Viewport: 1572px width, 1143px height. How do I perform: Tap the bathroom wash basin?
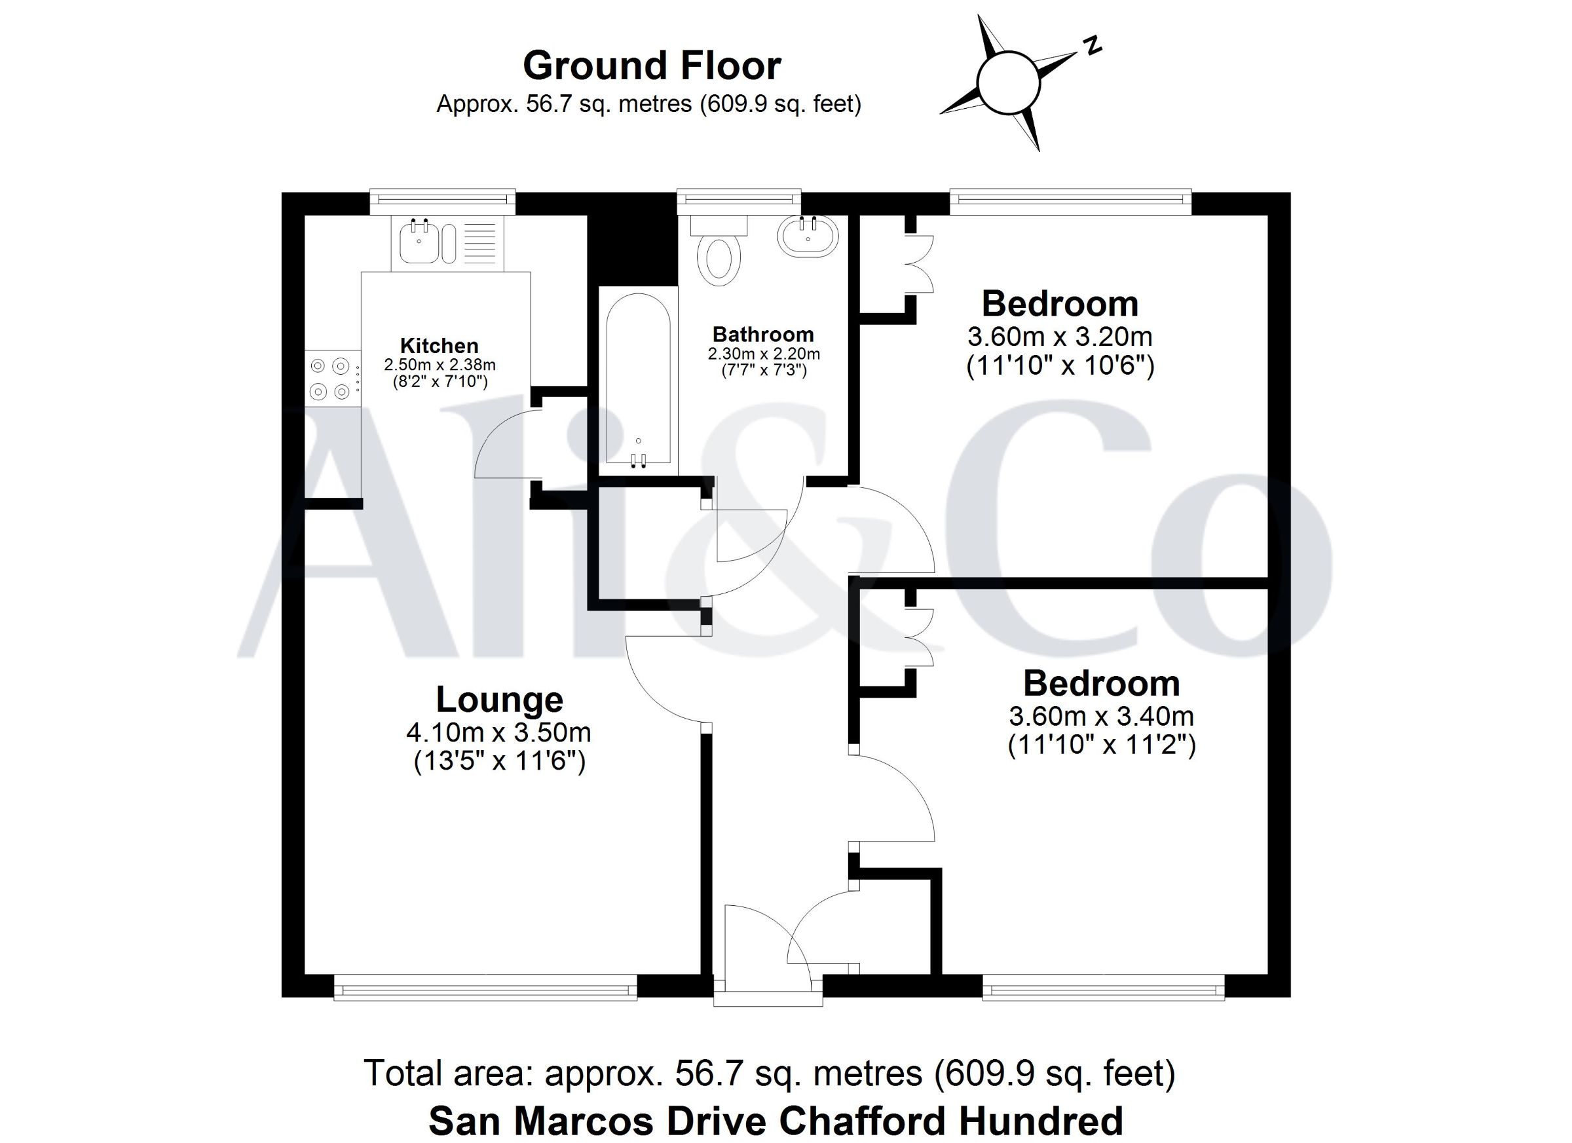pyautogui.click(x=808, y=237)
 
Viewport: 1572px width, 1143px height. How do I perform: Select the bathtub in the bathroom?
pyautogui.click(x=639, y=379)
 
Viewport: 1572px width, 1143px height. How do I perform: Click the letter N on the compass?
pyautogui.click(x=1093, y=45)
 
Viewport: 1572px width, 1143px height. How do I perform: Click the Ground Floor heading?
pyautogui.click(x=652, y=66)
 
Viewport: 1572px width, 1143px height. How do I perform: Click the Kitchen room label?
pyautogui.click(x=440, y=345)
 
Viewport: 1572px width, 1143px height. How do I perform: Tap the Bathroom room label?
pyautogui.click(x=763, y=335)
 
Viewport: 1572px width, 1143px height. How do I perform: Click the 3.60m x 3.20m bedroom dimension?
pyautogui.click(x=1060, y=337)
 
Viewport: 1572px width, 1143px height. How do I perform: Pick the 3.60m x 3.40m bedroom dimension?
pyautogui.click(x=1101, y=716)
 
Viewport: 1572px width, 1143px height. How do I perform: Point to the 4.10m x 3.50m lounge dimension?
pyautogui.click(x=499, y=732)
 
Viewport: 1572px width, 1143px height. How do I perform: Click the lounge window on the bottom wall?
pyautogui.click(x=485, y=988)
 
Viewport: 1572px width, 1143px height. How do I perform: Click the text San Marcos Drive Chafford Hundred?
pyautogui.click(x=776, y=1121)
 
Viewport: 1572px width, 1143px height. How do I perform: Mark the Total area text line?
pyautogui.click(x=770, y=1073)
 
